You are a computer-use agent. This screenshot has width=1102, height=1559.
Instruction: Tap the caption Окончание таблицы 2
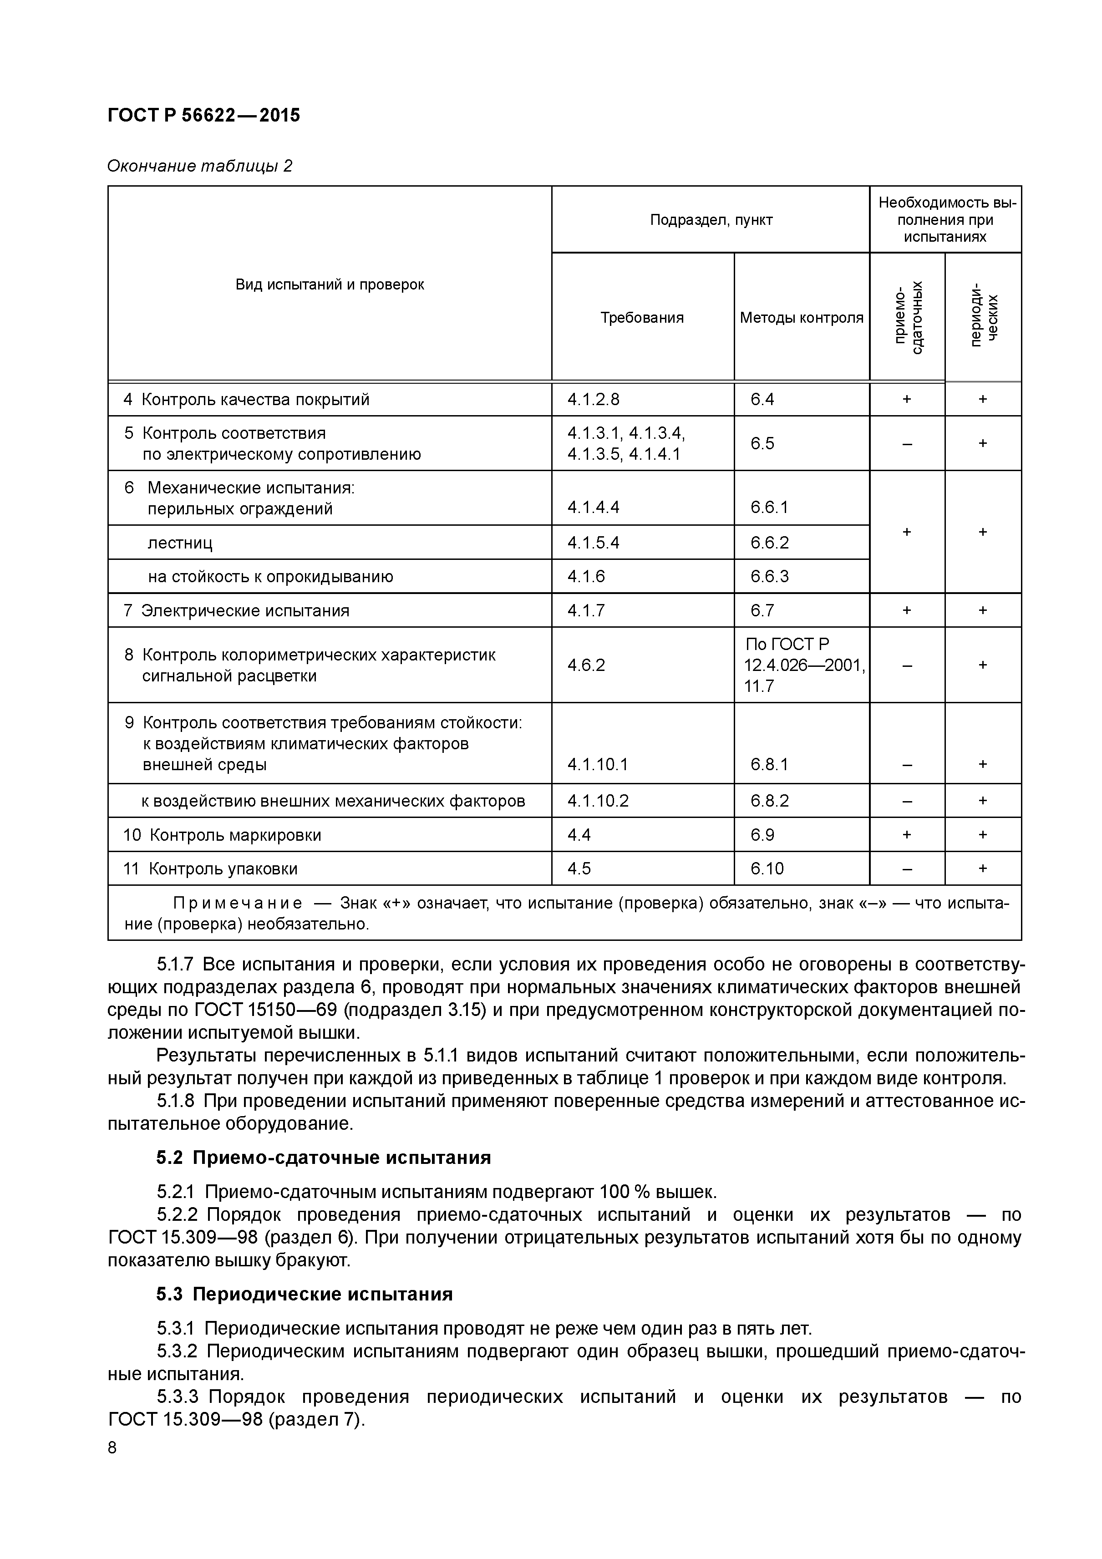point(200,166)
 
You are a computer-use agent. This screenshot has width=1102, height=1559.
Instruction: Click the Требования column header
point(642,317)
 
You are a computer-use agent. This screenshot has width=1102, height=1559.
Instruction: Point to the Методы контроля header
point(801,317)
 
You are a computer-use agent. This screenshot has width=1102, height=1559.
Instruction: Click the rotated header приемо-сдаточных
point(907,317)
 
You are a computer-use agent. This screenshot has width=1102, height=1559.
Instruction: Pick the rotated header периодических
point(983,317)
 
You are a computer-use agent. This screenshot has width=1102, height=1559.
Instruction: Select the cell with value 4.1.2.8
point(594,399)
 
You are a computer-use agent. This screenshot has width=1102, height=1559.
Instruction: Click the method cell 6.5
point(762,443)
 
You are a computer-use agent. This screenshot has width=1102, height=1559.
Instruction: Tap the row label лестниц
point(180,543)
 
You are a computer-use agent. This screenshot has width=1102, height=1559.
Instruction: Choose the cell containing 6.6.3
point(769,576)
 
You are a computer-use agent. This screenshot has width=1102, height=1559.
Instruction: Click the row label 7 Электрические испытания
point(236,610)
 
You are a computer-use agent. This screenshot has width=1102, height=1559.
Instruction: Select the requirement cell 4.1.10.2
point(598,801)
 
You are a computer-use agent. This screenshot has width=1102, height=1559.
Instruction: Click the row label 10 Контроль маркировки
point(222,834)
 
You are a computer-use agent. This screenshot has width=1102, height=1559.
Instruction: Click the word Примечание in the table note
point(238,903)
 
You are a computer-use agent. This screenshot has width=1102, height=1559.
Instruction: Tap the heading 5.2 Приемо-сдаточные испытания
point(323,1157)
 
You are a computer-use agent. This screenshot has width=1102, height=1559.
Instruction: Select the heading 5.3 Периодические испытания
point(304,1294)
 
